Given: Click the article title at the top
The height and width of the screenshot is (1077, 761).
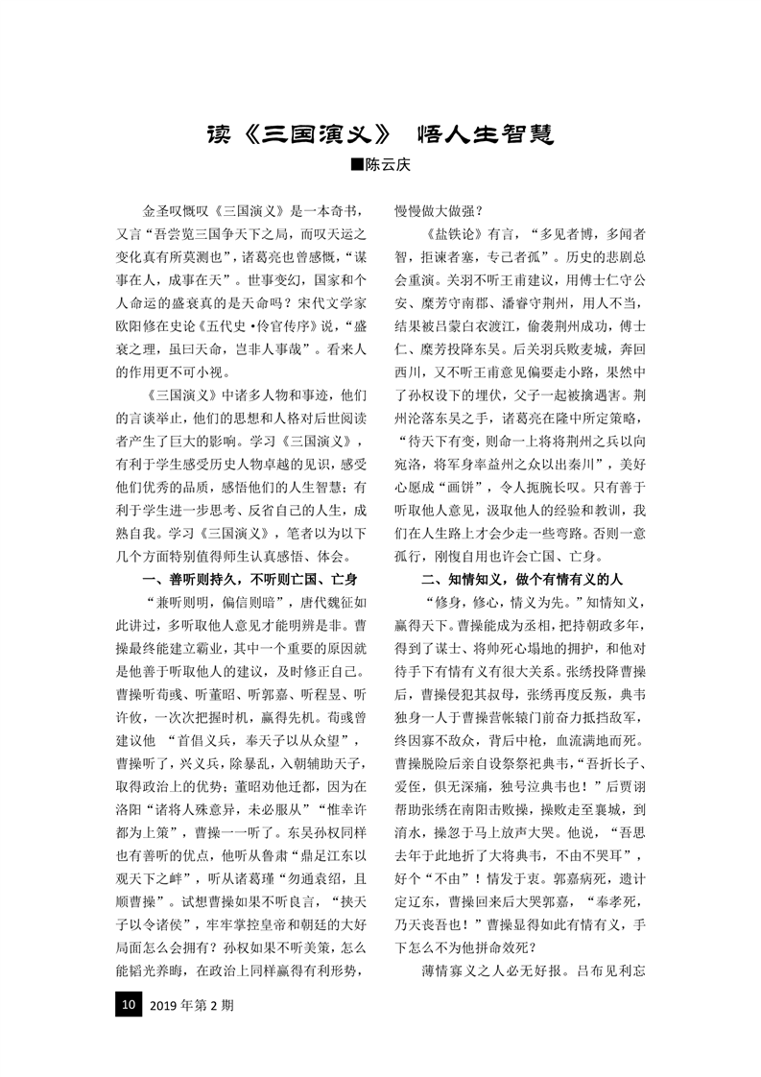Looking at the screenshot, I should pyautogui.click(x=380, y=133).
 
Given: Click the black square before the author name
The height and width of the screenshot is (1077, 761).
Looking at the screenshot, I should pyautogui.click(x=357, y=166).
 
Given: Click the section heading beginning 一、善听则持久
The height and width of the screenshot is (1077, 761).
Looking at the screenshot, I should pyautogui.click(x=249, y=579).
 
